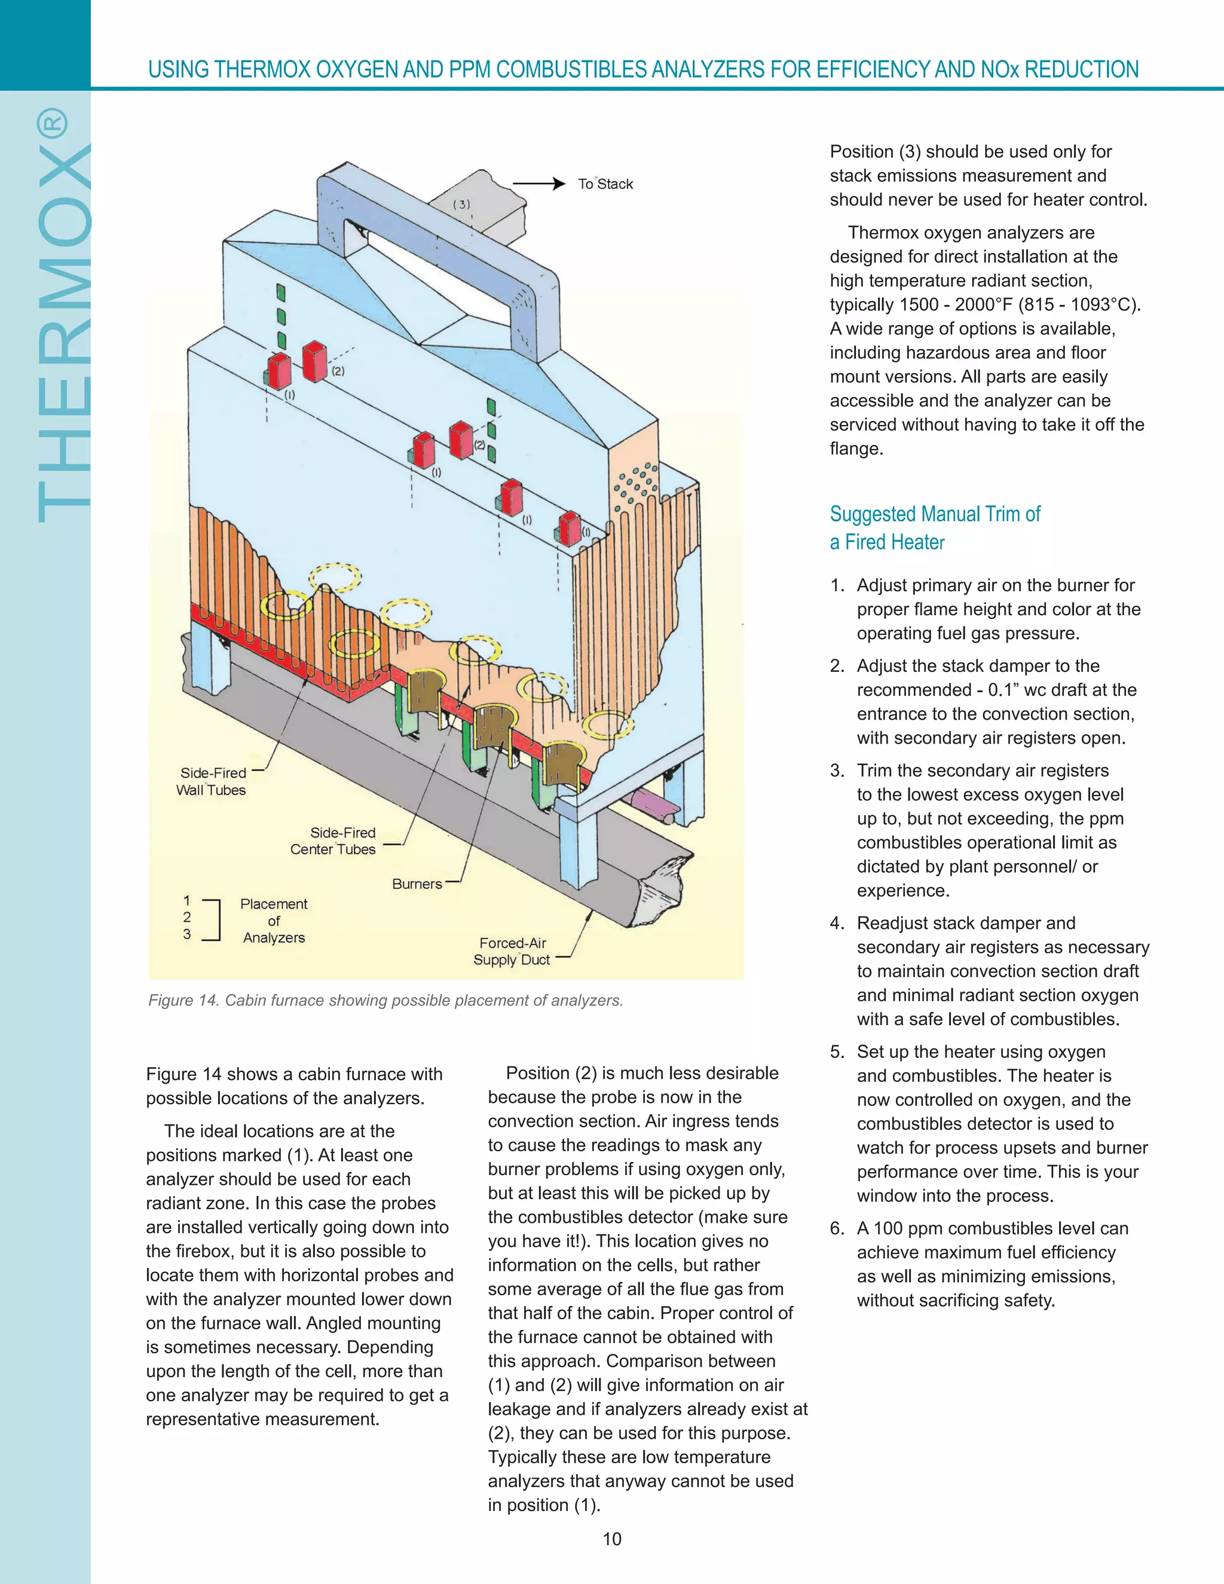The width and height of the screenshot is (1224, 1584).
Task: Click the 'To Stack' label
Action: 605,184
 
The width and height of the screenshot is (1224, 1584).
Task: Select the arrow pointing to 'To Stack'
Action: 538,184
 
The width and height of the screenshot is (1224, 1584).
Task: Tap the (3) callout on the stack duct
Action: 461,204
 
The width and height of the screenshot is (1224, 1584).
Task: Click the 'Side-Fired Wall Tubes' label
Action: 212,781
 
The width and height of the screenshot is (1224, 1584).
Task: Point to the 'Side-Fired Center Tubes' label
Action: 333,840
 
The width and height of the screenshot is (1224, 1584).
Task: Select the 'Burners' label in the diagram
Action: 417,883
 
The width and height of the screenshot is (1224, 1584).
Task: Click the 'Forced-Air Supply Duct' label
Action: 512,951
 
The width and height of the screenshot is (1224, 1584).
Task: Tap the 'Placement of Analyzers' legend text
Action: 273,921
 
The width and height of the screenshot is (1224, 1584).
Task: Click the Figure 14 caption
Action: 385,1000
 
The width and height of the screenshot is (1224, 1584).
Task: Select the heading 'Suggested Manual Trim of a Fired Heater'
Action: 934,528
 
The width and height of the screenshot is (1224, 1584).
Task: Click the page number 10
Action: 612,1539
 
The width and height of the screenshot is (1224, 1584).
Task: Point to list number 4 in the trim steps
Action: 837,924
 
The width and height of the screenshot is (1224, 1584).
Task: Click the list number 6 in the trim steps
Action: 837,1228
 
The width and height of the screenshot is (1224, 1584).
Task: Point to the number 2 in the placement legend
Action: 187,918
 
